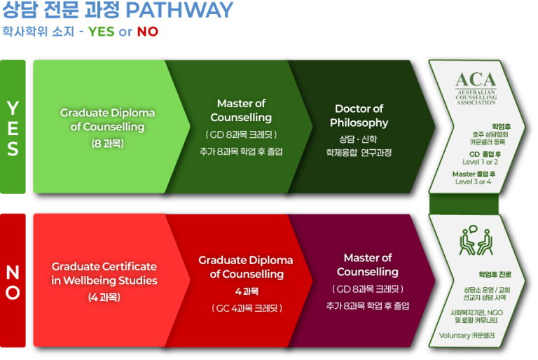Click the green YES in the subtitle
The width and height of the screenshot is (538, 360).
tap(101, 32)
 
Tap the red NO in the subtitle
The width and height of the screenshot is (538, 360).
tap(147, 32)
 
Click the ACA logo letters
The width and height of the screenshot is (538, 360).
tap(476, 80)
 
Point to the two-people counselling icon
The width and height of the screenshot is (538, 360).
tap(476, 242)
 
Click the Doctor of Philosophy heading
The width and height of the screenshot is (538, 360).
tap(359, 116)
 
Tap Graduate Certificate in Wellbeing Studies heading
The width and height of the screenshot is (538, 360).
tap(104, 273)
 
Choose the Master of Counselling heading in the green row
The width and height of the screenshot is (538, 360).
tap(241, 111)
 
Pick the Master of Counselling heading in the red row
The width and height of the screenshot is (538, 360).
tap(368, 265)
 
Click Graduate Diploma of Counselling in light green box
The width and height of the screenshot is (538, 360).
tap(107, 120)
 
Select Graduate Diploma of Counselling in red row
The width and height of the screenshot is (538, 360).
tap(247, 267)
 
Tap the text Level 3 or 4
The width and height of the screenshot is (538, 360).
tap(474, 181)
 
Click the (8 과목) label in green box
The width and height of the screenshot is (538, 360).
tap(106, 143)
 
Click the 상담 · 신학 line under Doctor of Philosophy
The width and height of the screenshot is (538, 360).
tap(359, 138)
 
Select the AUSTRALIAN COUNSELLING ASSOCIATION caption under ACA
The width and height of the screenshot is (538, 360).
tap(476, 97)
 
